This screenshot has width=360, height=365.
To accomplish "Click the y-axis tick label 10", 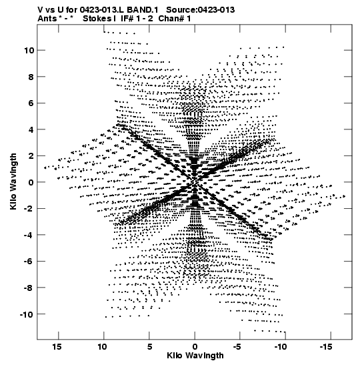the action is [x=29, y=50].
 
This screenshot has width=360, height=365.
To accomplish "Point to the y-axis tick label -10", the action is [x=27, y=314].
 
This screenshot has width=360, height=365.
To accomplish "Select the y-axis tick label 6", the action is [x=31, y=103].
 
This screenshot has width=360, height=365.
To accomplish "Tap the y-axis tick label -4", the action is [x=29, y=235].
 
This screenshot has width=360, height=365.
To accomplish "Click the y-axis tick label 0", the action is [x=31, y=182].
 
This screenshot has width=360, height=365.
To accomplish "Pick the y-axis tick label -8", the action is [x=29, y=288].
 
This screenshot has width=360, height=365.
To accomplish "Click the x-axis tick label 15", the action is [x=57, y=347].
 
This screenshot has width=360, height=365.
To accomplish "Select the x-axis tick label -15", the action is [x=326, y=347].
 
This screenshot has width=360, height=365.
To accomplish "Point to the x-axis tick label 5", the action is [x=149, y=347].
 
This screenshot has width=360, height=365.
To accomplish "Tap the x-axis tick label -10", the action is [x=281, y=347].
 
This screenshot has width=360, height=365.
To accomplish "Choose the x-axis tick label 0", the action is [x=195, y=347].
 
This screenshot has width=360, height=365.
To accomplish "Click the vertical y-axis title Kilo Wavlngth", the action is [x=13, y=181].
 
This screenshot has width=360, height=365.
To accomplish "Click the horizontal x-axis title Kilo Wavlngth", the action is [x=195, y=356].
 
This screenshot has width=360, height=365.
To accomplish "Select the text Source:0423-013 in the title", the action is [x=201, y=10].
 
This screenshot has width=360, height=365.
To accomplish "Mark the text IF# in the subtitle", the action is [x=127, y=19].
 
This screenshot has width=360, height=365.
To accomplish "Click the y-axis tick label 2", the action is [x=31, y=155].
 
